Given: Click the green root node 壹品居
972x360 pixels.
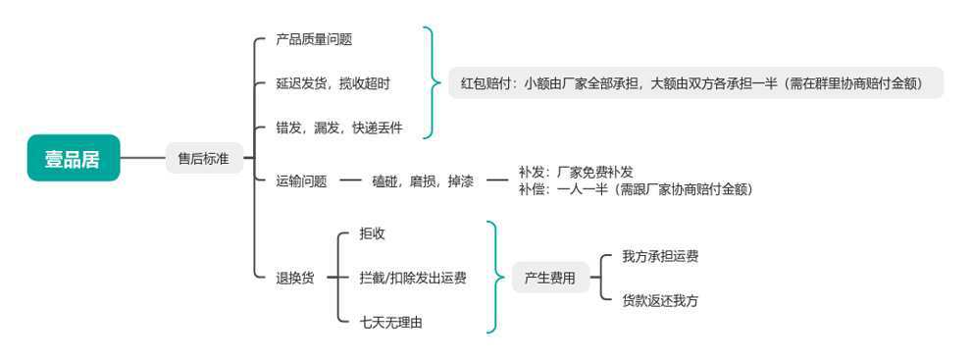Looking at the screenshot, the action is [x=74, y=158].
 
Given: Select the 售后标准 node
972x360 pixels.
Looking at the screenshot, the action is [x=204, y=158].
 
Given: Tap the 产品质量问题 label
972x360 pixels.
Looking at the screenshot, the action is [x=314, y=40].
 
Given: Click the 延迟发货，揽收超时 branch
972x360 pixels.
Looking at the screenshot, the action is [x=333, y=84].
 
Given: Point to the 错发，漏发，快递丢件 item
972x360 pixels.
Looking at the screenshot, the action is [x=339, y=129].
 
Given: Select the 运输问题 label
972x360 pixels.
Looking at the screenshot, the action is [x=301, y=181].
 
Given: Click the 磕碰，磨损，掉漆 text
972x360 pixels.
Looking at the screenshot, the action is [x=423, y=181].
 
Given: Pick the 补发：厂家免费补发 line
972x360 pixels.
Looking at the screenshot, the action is [x=576, y=173].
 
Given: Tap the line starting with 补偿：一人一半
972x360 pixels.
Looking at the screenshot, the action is [x=636, y=189].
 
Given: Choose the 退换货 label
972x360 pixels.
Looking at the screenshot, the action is [x=294, y=279].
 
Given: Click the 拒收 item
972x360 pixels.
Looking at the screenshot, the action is [x=372, y=233].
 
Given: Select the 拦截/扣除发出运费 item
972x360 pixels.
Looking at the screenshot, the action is [x=413, y=279].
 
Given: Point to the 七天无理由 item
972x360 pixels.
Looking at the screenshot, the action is [x=391, y=322].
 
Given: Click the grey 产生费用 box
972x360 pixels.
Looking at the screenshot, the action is [x=550, y=279].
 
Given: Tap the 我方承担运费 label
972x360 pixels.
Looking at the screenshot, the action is [x=660, y=256].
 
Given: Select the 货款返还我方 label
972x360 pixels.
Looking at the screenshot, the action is [x=660, y=300].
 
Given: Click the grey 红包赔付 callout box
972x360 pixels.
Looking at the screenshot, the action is [x=695, y=83].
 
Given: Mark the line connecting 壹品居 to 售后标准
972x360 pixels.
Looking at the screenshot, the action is [x=142, y=158].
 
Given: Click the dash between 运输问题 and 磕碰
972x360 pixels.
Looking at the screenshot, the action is [x=350, y=181].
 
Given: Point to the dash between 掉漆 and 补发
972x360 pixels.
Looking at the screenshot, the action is [x=496, y=181].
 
